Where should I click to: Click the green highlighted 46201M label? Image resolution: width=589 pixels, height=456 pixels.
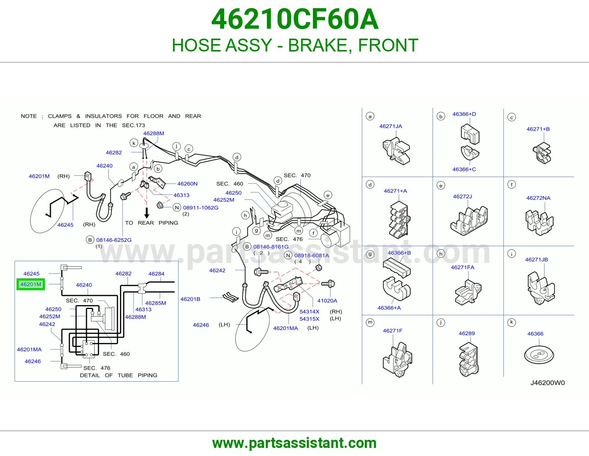pyautogui.click(x=31, y=284)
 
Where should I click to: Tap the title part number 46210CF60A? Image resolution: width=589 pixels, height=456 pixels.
pyautogui.click(x=294, y=19)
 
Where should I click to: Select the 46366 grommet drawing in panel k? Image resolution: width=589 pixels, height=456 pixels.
pyautogui.click(x=539, y=355)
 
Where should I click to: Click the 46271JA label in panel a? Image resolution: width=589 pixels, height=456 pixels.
pyautogui.click(x=391, y=126)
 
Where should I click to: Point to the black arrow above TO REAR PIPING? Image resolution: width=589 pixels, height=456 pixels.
pyautogui.click(x=147, y=213)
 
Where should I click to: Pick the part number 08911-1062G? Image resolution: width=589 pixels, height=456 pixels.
pyautogui.click(x=201, y=208)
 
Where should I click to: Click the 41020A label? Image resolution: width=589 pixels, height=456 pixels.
pyautogui.click(x=327, y=300)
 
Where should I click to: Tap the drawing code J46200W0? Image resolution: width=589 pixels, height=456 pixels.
pyautogui.click(x=547, y=382)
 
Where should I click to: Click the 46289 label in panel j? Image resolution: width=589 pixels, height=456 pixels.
pyautogui.click(x=466, y=333)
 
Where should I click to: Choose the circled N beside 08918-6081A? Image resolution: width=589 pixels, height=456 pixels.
pyautogui.click(x=288, y=255)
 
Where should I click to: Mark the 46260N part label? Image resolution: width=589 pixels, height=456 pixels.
pyautogui.click(x=187, y=184)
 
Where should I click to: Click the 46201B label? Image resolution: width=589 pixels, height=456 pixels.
pyautogui.click(x=190, y=299)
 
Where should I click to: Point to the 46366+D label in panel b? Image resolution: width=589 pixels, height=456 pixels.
pyautogui.click(x=464, y=114)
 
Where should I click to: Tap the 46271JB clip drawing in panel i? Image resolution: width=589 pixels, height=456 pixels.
pyautogui.click(x=541, y=288)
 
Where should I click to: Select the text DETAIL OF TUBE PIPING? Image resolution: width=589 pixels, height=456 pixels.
pyautogui.click(x=119, y=375)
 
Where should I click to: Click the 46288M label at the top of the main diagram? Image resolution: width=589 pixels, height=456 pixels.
pyautogui.click(x=154, y=133)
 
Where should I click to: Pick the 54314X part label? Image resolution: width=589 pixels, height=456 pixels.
pyautogui.click(x=309, y=311)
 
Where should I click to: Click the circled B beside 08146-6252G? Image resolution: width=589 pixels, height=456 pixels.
pyautogui.click(x=90, y=240)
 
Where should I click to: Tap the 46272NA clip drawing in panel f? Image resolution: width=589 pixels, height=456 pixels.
pyautogui.click(x=539, y=222)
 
